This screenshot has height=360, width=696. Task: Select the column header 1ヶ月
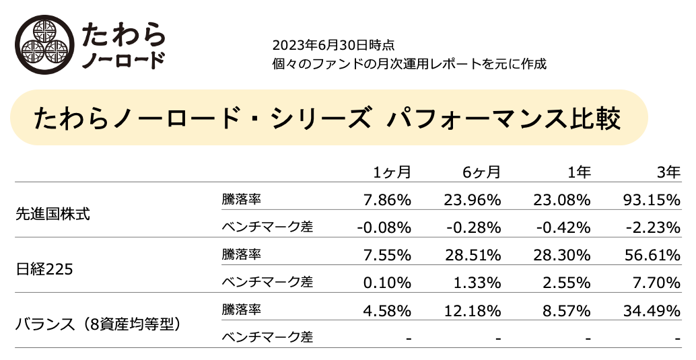click(392, 172)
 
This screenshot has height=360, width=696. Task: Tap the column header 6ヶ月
click(481, 172)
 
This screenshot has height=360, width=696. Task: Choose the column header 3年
click(668, 172)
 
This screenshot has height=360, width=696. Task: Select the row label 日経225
click(44, 269)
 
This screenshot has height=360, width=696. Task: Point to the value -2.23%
click(653, 227)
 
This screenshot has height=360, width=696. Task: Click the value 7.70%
click(656, 283)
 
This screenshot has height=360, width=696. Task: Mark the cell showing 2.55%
click(566, 283)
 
